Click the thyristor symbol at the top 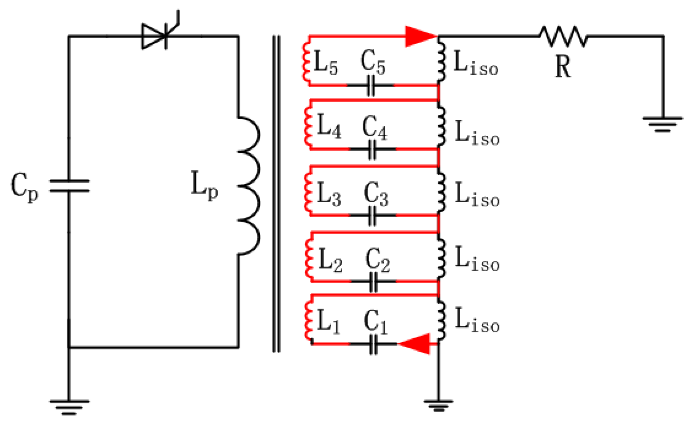point(156,36)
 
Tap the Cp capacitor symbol point(69,186)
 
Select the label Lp point(204,186)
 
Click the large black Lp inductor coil point(249,186)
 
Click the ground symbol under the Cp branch point(69,407)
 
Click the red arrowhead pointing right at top point(420,36)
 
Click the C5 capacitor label point(373,62)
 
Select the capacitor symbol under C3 point(372,215)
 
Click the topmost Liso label point(476,63)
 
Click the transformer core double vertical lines point(276,193)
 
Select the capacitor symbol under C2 point(373,282)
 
